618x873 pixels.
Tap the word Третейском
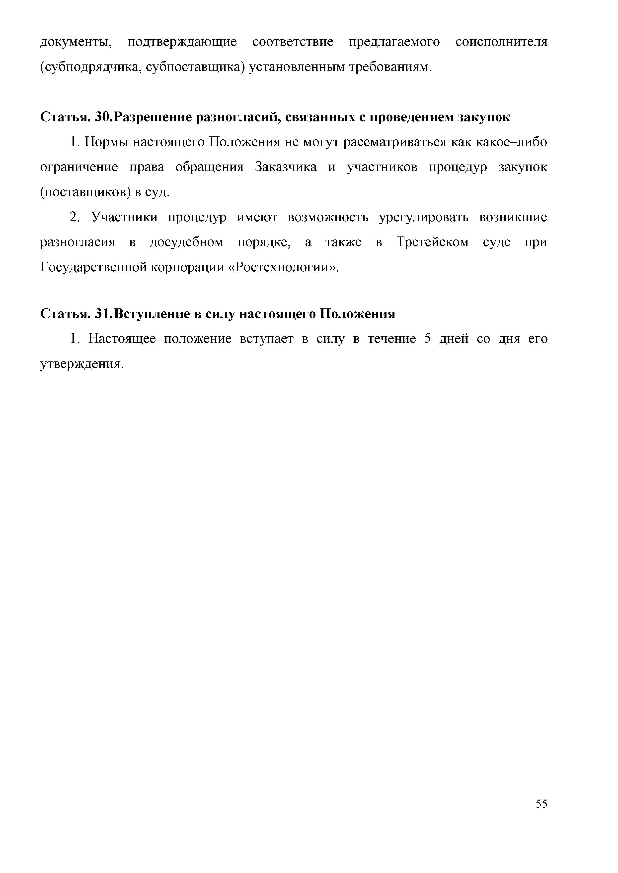point(432,242)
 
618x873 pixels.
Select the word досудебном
point(186,242)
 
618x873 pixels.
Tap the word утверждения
point(82,364)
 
